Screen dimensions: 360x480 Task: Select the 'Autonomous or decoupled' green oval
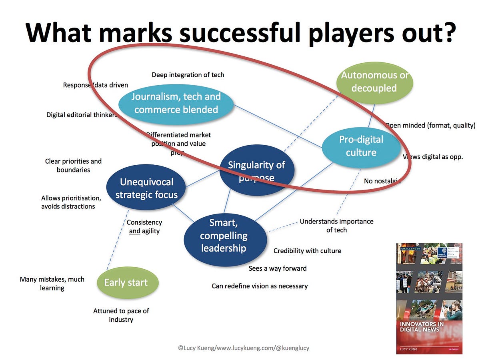(374, 82)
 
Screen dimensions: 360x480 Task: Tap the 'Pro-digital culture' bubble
(361, 146)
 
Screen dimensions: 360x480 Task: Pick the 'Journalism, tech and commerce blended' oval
(176, 103)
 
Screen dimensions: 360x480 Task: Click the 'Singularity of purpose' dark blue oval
(256, 171)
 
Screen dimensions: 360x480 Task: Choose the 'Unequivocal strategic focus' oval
(146, 188)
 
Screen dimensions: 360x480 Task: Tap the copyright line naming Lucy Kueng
(243, 348)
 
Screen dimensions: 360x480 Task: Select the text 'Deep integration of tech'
(188, 75)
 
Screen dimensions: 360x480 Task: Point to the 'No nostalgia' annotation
(382, 181)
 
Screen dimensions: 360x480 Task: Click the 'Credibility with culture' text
(307, 251)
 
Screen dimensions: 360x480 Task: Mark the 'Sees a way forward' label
(278, 268)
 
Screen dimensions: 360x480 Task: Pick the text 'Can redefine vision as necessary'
(260, 286)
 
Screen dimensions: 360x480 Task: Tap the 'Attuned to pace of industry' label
(121, 315)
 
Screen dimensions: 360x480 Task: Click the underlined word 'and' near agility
(135, 231)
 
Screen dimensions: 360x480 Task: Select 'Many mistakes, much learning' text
(52, 284)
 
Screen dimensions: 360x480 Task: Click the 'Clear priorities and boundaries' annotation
(73, 165)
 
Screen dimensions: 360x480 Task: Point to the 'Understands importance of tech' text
(336, 226)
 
